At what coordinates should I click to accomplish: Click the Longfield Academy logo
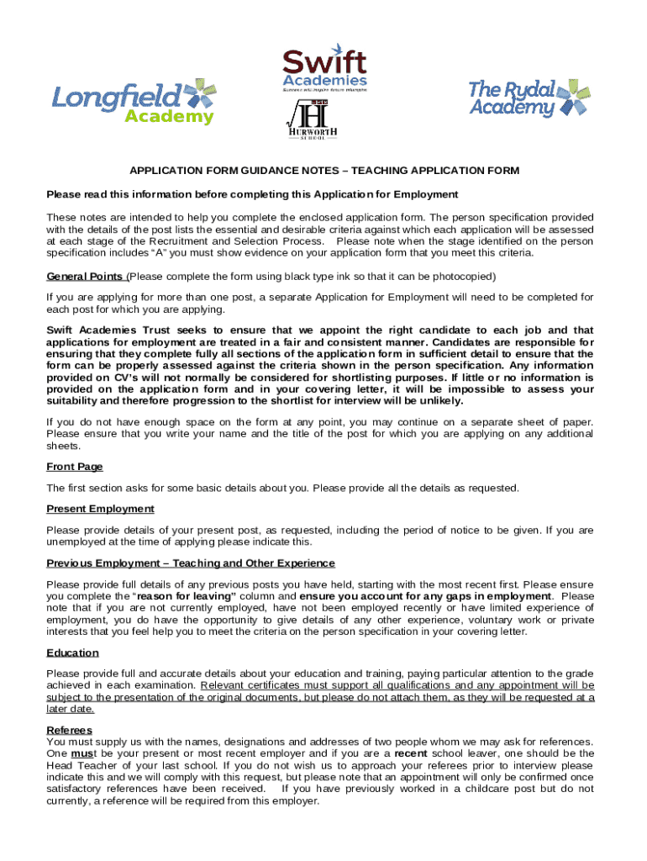134,100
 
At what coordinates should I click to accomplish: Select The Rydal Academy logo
529,98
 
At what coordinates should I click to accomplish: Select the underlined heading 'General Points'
85,276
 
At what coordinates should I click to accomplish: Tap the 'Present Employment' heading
100,509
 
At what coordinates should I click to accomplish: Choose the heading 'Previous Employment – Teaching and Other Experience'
191,563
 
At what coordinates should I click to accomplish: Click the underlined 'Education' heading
72,652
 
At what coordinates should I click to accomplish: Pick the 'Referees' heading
70,730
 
